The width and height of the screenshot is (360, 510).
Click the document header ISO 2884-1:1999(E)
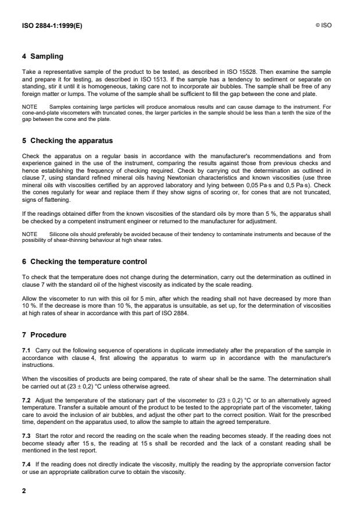pyautogui.click(x=51, y=26)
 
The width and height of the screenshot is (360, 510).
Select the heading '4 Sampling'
pyautogui.click(x=44, y=56)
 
